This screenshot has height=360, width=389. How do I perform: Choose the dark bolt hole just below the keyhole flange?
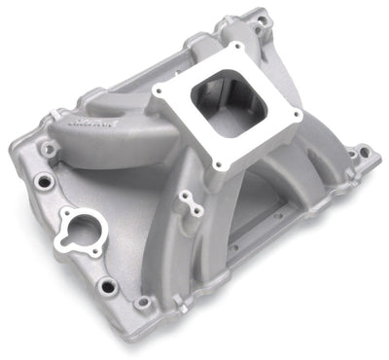(x=106, y=285)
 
